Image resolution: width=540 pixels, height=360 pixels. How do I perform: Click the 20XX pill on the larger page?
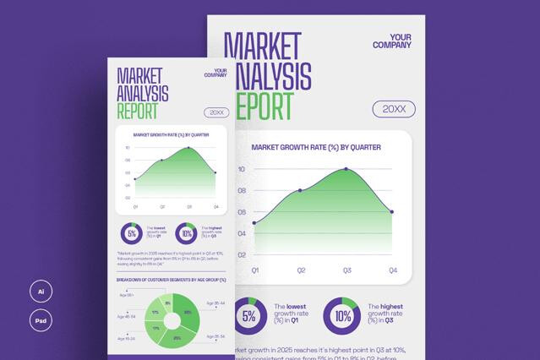(394, 109)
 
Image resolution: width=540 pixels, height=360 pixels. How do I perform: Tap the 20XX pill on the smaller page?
(216, 112)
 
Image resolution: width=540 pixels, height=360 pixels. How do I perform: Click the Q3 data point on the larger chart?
(346, 169)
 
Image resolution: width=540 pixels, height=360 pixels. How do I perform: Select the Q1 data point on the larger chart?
(254, 223)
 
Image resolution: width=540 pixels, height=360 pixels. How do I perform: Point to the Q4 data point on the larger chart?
(392, 212)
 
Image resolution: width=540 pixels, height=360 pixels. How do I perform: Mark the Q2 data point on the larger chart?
(300, 190)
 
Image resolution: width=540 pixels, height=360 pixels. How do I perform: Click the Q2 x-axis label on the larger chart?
(300, 270)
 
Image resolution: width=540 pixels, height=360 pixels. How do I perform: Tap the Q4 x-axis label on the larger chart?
(392, 270)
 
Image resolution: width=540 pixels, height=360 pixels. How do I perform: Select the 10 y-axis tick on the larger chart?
(241, 169)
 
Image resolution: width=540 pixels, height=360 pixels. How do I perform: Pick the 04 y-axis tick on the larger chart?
(241, 233)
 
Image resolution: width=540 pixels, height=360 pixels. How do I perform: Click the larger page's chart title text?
(316, 147)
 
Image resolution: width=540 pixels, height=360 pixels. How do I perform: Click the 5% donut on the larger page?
(248, 316)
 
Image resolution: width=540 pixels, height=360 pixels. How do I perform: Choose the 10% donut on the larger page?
(342, 316)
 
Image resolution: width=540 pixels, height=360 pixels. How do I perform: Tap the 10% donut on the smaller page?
(187, 233)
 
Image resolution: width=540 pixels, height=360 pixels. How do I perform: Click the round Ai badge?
(39, 292)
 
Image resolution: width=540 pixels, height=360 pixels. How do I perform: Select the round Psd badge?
(39, 321)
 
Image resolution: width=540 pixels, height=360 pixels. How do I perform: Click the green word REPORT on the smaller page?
(137, 110)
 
